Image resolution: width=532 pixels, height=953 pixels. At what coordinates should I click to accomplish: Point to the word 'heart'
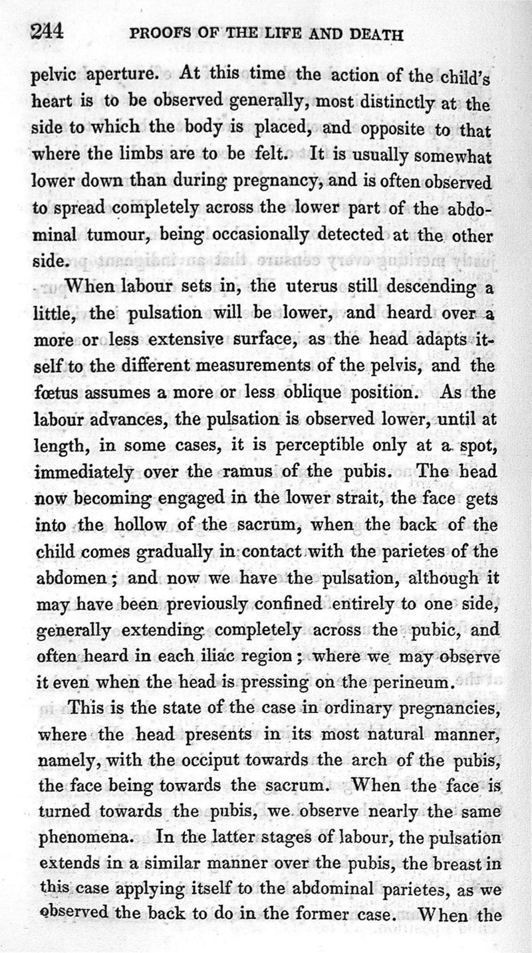[53, 103]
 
